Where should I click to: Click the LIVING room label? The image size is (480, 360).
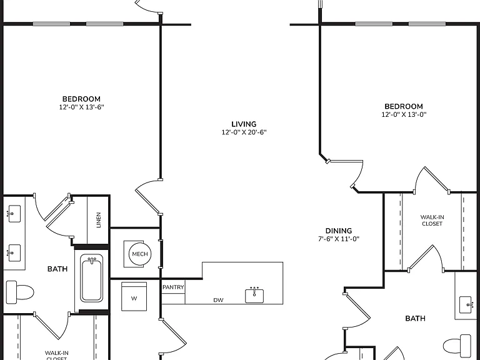[x=244, y=124]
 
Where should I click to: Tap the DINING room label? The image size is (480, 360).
[x=339, y=231]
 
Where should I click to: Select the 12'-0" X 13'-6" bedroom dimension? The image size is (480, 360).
[x=82, y=107]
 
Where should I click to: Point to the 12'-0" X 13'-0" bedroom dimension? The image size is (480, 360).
[x=404, y=114]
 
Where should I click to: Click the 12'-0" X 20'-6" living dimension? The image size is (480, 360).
[x=244, y=132]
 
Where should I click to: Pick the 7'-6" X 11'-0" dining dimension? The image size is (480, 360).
[x=339, y=239]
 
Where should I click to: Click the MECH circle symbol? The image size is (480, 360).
[x=140, y=254]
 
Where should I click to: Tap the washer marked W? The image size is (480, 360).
[x=134, y=296]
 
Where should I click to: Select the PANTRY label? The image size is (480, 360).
[x=173, y=287]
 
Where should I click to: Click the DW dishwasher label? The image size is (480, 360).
[x=218, y=300]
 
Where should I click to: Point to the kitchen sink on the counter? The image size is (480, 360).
[x=254, y=295]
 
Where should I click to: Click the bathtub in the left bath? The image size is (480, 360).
[x=91, y=278]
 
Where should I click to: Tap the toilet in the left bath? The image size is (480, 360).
[x=20, y=292]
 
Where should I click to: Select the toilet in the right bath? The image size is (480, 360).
[x=457, y=344]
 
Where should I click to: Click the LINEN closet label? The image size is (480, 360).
[x=99, y=220]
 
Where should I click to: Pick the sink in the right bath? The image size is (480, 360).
[x=466, y=305]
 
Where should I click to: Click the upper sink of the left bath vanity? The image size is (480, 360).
[x=14, y=213]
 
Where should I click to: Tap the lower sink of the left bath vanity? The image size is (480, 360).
[x=14, y=253]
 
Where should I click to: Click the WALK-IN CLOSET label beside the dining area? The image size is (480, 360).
[x=432, y=221]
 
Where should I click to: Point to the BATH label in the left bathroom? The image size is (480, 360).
[x=57, y=269]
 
